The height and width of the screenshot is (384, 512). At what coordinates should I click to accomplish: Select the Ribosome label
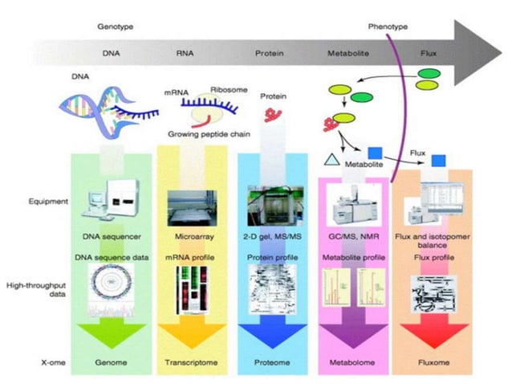point(227,90)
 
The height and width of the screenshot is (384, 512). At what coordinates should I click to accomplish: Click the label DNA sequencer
point(112,237)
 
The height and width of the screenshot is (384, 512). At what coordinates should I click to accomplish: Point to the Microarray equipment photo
point(193,208)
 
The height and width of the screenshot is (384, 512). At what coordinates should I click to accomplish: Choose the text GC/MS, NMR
point(353,237)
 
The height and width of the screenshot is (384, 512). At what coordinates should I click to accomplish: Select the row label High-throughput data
point(33,290)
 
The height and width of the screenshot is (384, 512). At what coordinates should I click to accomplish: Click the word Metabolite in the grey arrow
point(347,54)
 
